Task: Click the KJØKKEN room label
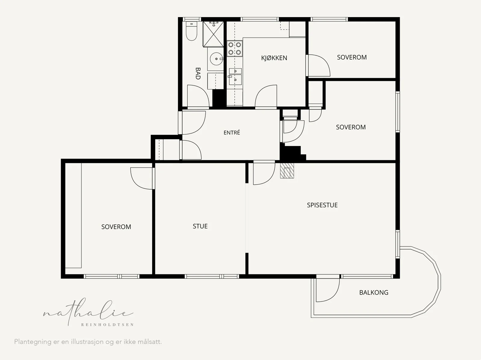coord(274,58)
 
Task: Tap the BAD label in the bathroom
coord(198,74)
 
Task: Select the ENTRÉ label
coord(231,133)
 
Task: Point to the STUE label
coord(200,226)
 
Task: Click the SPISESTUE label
coord(322,205)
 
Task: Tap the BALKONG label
coord(374,293)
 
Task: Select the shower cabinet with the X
coord(213,34)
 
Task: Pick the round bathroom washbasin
coord(216,59)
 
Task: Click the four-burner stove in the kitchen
coord(234,48)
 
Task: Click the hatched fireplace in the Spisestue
coord(287,171)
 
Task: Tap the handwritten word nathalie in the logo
coord(88,312)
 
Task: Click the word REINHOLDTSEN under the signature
coord(107,325)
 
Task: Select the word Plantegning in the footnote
coord(33,342)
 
